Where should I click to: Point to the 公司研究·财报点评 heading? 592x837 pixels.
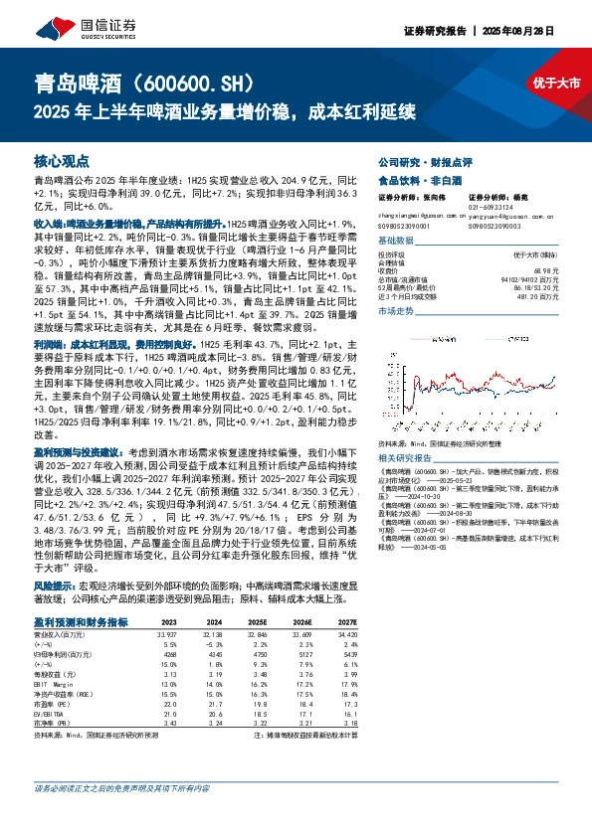415,160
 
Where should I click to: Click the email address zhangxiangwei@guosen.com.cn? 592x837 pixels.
416,215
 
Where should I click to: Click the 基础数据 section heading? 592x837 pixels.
396,242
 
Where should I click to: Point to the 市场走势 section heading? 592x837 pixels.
396,311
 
